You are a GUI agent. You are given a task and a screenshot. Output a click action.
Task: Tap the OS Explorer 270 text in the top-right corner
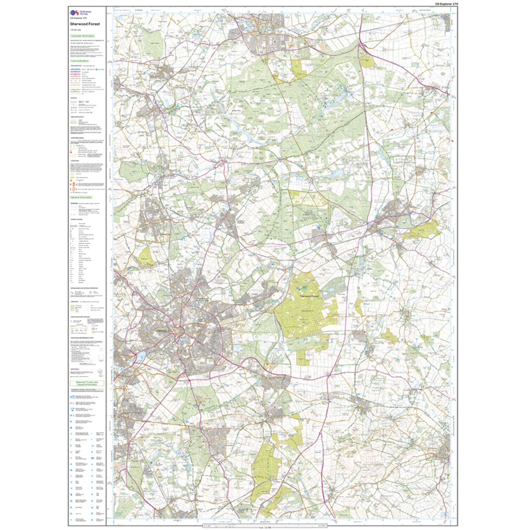[447, 4]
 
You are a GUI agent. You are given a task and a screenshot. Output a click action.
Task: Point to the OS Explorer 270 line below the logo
[78, 19]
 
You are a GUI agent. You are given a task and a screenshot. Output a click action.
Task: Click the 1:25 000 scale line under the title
[76, 30]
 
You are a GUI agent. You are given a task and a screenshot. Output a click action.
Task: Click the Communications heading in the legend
[82, 61]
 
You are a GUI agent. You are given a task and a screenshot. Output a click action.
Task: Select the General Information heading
[83, 198]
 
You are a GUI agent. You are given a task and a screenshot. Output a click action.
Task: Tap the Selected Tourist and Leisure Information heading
[87, 384]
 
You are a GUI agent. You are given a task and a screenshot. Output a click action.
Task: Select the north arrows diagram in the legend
[99, 371]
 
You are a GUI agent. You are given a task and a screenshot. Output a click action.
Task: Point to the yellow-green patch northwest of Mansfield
[146, 257]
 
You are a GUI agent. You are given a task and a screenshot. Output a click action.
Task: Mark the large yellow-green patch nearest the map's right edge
[422, 229]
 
